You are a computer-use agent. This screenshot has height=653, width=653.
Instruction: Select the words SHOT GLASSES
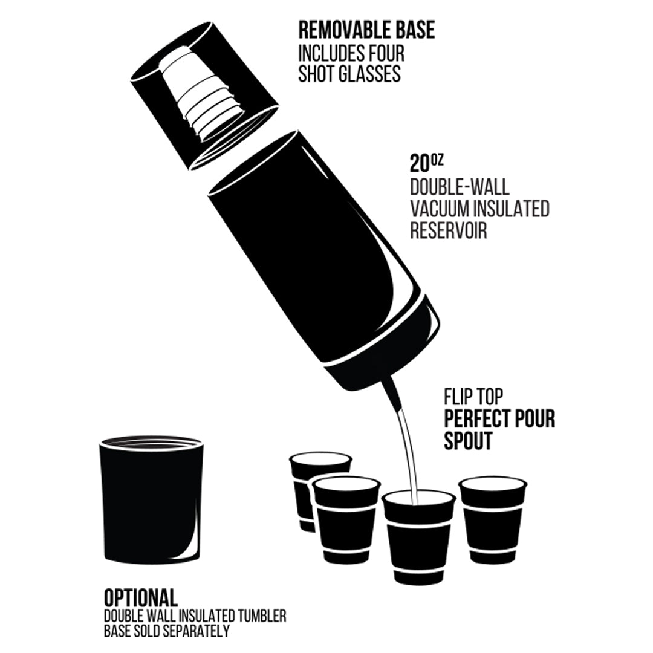[349, 74]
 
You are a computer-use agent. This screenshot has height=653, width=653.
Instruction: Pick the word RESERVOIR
[448, 231]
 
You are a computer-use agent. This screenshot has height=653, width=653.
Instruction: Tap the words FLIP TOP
[473, 397]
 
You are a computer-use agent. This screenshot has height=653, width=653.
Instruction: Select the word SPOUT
[468, 441]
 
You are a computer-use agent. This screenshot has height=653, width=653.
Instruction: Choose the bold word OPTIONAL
[141, 598]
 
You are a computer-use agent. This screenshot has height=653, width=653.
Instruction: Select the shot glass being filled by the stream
[418, 538]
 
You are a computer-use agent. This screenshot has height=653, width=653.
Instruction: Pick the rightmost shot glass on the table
[493, 520]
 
